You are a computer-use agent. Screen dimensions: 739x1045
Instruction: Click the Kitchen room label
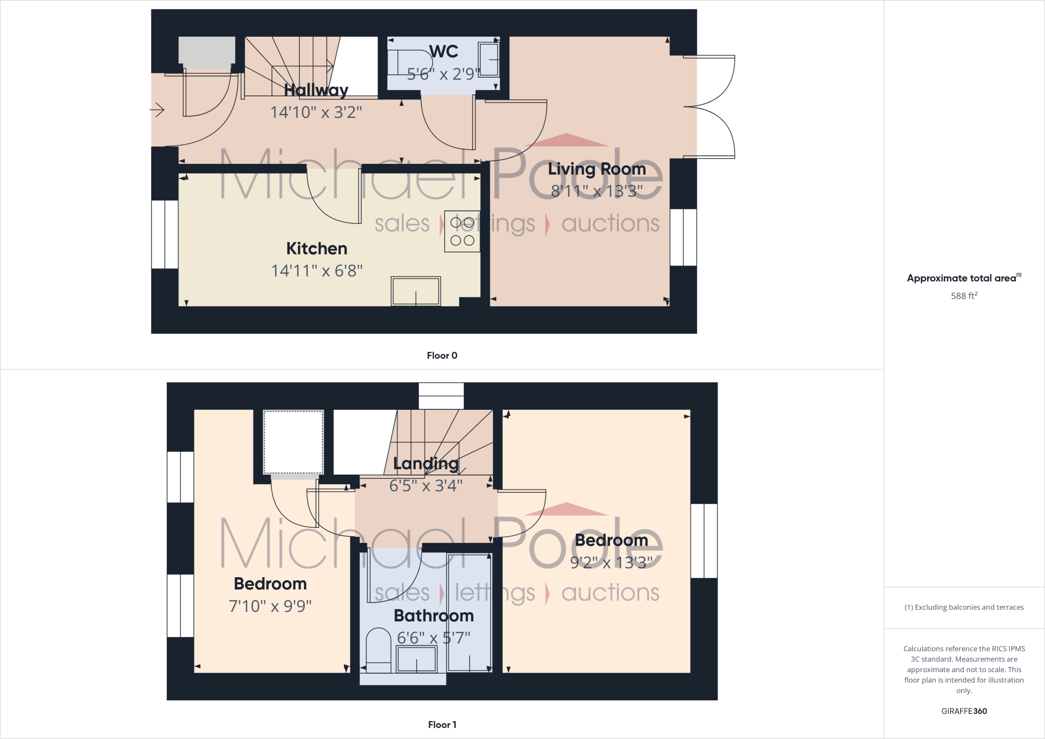[x=316, y=249]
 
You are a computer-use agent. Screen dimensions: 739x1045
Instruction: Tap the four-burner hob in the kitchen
[x=462, y=231]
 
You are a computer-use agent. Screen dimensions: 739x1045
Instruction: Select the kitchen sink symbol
[x=415, y=291]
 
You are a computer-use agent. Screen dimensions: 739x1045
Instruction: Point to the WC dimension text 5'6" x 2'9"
[x=443, y=75]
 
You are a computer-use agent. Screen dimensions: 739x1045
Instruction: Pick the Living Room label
[x=596, y=169]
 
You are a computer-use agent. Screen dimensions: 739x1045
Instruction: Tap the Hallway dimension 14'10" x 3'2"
[x=316, y=112]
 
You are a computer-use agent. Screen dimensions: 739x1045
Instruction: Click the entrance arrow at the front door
[x=157, y=110]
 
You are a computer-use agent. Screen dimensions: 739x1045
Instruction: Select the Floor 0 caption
[x=442, y=356]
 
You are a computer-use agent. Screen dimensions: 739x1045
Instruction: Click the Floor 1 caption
[x=442, y=725]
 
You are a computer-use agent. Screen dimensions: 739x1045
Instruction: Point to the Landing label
[x=426, y=463]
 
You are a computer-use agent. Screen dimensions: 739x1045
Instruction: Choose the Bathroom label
[x=434, y=615]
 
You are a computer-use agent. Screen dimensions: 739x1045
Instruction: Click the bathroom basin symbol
[x=416, y=659]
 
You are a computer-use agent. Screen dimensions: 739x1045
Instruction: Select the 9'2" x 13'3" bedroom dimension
[x=611, y=562]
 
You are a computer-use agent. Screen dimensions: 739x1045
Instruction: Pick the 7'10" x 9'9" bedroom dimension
[x=270, y=606]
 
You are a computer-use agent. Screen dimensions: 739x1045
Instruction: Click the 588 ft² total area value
[x=964, y=296]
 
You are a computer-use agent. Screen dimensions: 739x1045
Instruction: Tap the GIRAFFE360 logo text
[x=964, y=711]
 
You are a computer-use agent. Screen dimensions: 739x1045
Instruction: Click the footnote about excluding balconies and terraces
[x=964, y=607]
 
